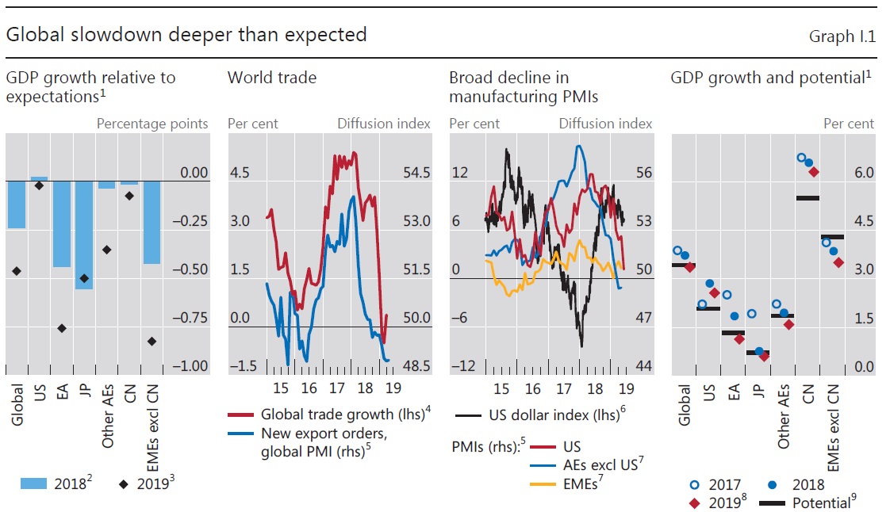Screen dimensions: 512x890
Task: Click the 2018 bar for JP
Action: point(84,235)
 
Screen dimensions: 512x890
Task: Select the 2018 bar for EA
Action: point(61,224)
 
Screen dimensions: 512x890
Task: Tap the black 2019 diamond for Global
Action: point(16,271)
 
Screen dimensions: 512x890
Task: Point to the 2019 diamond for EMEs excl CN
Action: point(152,341)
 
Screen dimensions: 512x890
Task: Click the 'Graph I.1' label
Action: point(842,36)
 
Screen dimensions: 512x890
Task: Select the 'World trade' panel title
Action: point(271,78)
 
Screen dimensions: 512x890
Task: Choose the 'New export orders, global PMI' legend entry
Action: point(325,442)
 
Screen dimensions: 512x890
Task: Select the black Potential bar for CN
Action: point(808,197)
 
